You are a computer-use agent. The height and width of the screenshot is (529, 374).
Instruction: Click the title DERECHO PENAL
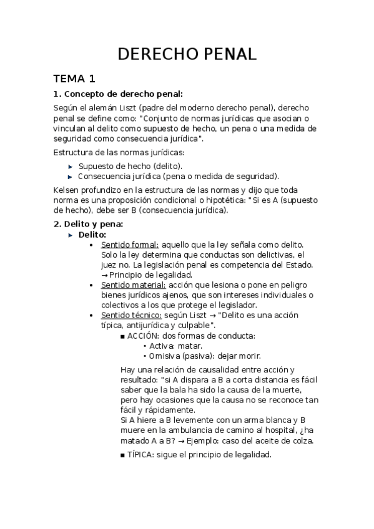coord(187,54)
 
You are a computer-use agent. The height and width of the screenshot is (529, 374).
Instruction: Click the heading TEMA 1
coord(74,79)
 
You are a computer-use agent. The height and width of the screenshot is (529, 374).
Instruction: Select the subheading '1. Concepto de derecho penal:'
coord(118,94)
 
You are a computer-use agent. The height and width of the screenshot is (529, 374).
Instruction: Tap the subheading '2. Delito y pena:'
coord(89,223)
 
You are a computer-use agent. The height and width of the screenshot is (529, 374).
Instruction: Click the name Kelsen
coord(67,189)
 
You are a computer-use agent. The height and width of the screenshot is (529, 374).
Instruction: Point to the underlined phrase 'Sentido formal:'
coord(129,245)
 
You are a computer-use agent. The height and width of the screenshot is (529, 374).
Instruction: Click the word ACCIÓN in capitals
coord(138,336)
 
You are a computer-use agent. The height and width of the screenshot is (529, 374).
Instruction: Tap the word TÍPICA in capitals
coord(137,454)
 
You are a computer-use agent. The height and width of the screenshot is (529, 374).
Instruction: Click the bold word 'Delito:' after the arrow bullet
coord(92,234)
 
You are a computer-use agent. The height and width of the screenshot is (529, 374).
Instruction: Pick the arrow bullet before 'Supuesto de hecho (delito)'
coord(70,167)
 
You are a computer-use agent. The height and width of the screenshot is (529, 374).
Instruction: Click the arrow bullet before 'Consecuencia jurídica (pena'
coord(70,177)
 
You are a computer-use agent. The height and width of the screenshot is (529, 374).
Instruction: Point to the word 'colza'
coord(300,440)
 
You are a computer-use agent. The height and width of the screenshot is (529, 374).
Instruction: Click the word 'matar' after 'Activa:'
coord(190,346)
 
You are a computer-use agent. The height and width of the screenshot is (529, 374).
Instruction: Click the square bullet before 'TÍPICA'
coord(122,455)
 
